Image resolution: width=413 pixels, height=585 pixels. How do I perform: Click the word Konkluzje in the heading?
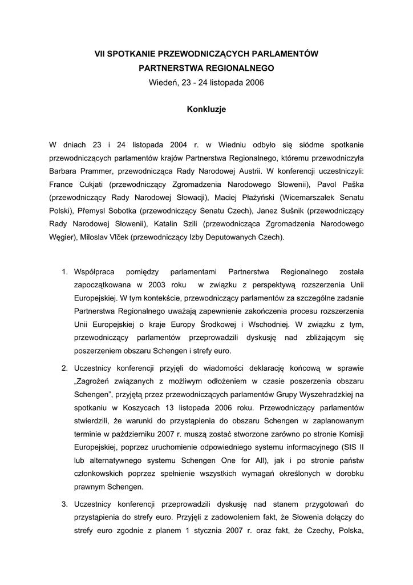click(x=206, y=109)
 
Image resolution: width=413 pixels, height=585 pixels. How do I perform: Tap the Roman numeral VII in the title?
click(x=100, y=54)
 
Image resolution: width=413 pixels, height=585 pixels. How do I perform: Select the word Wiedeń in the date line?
click(x=163, y=82)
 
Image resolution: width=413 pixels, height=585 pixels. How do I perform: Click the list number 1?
click(x=64, y=271)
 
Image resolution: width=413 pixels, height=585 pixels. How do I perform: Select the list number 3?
click(x=64, y=504)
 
